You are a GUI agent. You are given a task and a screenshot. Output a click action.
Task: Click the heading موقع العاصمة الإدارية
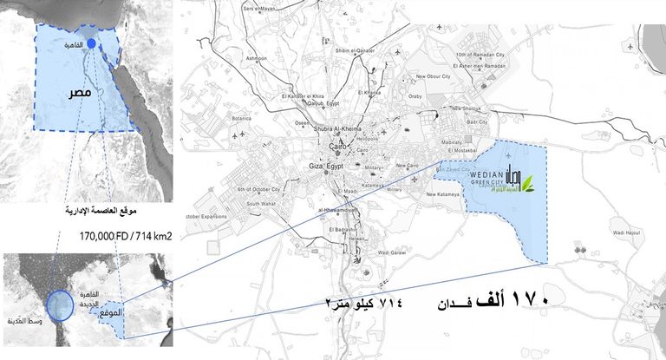tap(102, 212)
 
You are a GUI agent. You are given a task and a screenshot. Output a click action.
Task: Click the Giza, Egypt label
tap(327, 165)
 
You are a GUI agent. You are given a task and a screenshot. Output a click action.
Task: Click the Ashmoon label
tap(257, 58)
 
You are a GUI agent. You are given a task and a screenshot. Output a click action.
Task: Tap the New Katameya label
tap(442, 194)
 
